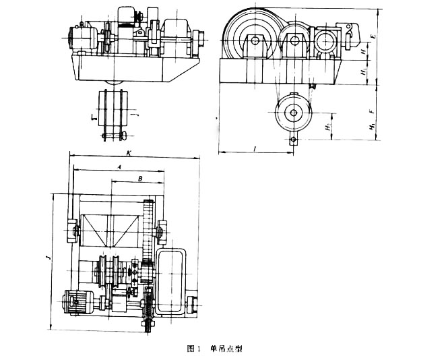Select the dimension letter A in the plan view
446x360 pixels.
(119, 166)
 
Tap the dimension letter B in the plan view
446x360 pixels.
(139, 179)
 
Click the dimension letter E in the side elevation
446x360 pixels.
(373, 30)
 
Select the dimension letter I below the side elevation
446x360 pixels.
(255, 146)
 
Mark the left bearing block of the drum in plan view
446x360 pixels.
(72, 231)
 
